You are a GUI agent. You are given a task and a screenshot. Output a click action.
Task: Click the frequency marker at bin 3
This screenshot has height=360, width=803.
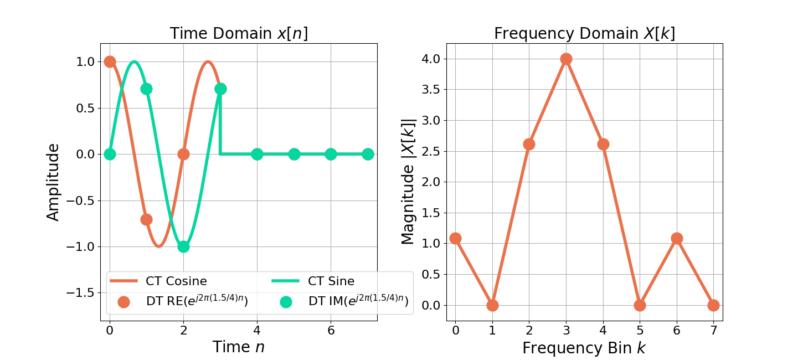(x=566, y=59)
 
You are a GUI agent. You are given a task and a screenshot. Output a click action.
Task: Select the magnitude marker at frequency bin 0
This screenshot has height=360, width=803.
(x=455, y=238)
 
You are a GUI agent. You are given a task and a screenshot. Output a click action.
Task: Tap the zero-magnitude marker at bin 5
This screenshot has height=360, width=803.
(x=640, y=305)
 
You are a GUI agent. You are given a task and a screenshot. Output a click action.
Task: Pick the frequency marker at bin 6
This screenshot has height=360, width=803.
(x=677, y=238)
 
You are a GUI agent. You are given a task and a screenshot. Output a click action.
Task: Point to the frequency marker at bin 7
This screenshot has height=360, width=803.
(x=713, y=305)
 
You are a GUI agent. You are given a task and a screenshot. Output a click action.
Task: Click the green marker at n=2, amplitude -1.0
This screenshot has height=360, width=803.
(x=183, y=246)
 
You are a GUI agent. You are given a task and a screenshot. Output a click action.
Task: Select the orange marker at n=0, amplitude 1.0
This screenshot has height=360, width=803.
(x=110, y=61)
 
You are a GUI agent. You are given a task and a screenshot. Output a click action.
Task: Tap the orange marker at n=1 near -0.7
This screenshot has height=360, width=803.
(x=146, y=219)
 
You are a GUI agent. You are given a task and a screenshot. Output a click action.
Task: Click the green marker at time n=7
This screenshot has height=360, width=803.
(x=368, y=154)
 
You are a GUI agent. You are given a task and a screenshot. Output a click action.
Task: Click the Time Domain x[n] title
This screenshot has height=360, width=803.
(x=239, y=34)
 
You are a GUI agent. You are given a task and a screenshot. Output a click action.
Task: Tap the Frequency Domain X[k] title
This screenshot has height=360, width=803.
(x=584, y=34)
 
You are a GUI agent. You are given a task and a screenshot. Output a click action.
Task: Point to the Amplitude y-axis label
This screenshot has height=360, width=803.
(x=53, y=182)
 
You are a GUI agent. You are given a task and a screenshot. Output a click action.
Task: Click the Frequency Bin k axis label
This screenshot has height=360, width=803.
(x=584, y=348)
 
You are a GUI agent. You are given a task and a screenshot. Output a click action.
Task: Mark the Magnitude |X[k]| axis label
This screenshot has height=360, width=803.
(x=408, y=182)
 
